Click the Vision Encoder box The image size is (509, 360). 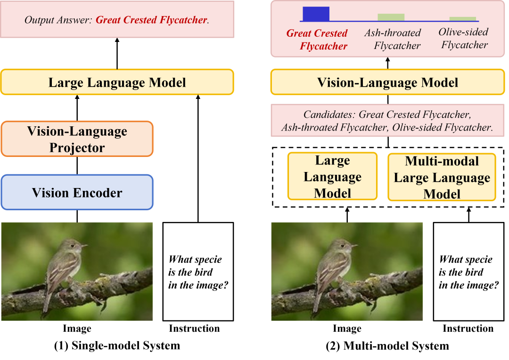77,192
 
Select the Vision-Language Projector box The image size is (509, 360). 77,139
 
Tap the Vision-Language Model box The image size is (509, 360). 387,82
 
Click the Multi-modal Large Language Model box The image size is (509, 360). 442,177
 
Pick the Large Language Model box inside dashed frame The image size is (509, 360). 332,176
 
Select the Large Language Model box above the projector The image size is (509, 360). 117,82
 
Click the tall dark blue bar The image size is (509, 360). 316,14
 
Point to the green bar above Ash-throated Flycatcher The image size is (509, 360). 391,17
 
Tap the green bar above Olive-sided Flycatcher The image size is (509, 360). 463,19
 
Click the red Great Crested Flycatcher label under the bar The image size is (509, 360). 317,40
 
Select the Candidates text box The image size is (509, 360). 387,121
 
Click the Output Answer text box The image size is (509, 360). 117,19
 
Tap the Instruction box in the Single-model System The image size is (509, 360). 198,272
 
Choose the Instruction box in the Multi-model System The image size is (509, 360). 469,272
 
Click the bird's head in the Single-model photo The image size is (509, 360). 74,246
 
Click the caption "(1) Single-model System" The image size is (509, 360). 117,345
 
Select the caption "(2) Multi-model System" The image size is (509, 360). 387,346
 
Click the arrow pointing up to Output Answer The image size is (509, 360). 117,54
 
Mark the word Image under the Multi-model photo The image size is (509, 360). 347,328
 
